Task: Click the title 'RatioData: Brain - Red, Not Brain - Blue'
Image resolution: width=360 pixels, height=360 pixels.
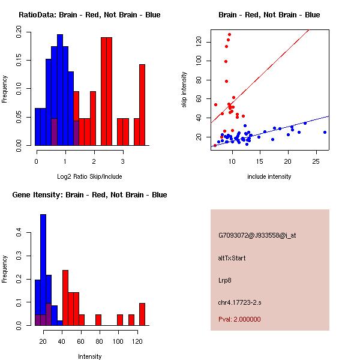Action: (89, 15)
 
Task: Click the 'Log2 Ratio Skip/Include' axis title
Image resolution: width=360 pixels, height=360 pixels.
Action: (89, 176)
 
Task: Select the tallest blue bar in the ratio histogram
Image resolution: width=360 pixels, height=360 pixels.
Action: (59, 90)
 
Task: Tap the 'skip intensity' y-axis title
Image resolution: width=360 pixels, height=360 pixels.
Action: (185, 90)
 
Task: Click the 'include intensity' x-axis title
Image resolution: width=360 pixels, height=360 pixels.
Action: (269, 176)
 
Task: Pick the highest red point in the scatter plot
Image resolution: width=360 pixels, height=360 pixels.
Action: (230, 35)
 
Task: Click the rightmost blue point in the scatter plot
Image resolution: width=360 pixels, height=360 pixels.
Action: (325, 132)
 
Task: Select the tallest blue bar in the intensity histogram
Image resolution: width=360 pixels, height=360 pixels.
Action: (43, 270)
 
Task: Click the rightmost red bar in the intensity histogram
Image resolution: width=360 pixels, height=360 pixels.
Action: (142, 314)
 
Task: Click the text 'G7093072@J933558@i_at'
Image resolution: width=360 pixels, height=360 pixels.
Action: (257, 235)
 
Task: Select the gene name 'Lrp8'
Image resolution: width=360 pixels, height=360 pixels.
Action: (225, 280)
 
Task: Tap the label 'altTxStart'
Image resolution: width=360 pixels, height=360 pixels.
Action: (232, 258)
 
